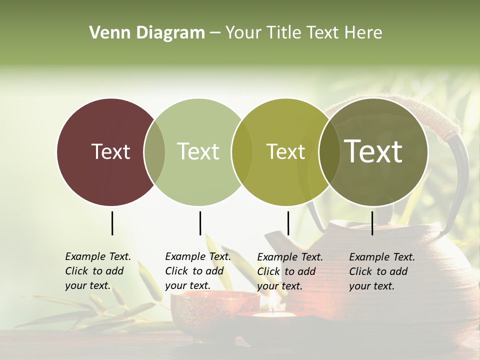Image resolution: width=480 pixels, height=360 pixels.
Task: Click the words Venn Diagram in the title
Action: coord(147,33)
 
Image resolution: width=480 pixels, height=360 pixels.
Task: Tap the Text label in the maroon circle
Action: coord(110,151)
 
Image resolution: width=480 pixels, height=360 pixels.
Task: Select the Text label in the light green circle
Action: coord(198,151)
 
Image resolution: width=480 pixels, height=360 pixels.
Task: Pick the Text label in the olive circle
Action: coord(285,151)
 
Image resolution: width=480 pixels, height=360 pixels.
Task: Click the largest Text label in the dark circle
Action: coord(373,151)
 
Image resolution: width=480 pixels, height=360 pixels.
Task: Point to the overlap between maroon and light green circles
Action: coord(154,152)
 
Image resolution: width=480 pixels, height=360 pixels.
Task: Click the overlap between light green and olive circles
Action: coord(242,152)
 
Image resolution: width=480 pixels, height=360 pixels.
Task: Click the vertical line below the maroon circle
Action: coord(112,223)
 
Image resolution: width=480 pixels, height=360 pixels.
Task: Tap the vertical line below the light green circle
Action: coord(200,223)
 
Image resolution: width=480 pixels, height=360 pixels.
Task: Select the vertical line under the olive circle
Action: coord(288,223)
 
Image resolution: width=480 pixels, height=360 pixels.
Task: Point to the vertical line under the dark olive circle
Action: coord(372,223)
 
